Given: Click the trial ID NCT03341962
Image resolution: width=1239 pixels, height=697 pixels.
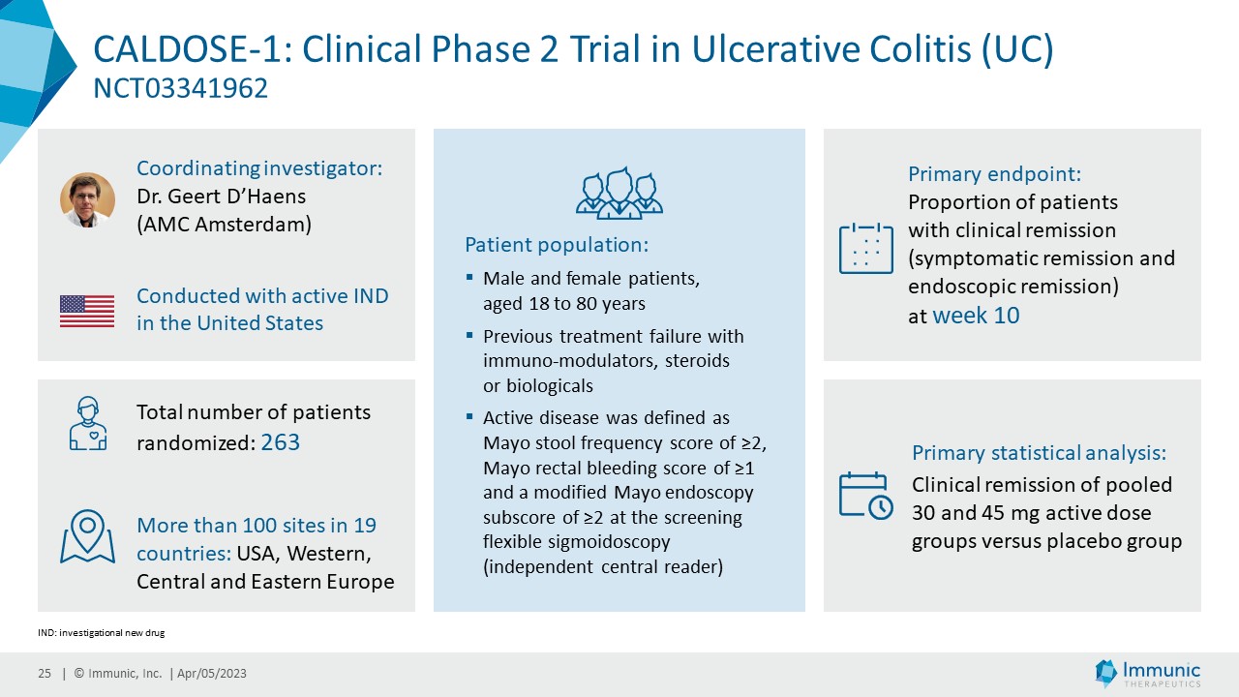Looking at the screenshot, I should click(x=180, y=89).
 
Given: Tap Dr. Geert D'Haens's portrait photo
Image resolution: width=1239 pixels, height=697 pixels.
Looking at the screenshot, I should click(x=87, y=200).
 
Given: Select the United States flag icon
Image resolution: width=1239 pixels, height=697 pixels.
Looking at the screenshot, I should click(x=87, y=311).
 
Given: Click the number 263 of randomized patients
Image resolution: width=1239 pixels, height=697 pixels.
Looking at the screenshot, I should click(x=281, y=442).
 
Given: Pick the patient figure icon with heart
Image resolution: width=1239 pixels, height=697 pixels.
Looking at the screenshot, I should click(x=87, y=423).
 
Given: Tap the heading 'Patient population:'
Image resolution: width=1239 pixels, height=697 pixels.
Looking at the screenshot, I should click(x=557, y=244).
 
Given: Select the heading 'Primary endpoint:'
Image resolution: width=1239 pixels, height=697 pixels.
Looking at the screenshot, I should click(x=994, y=174).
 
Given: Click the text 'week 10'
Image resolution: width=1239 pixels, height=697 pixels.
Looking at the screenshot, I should click(x=976, y=316).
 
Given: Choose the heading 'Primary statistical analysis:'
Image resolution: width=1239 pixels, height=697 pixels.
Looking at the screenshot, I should click(x=1039, y=453).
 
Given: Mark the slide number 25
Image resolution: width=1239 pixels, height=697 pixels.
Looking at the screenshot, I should click(x=45, y=674).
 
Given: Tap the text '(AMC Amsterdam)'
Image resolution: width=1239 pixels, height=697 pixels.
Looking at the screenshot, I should click(x=224, y=225).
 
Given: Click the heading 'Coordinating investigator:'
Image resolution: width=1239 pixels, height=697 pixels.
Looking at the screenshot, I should click(x=259, y=168).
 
